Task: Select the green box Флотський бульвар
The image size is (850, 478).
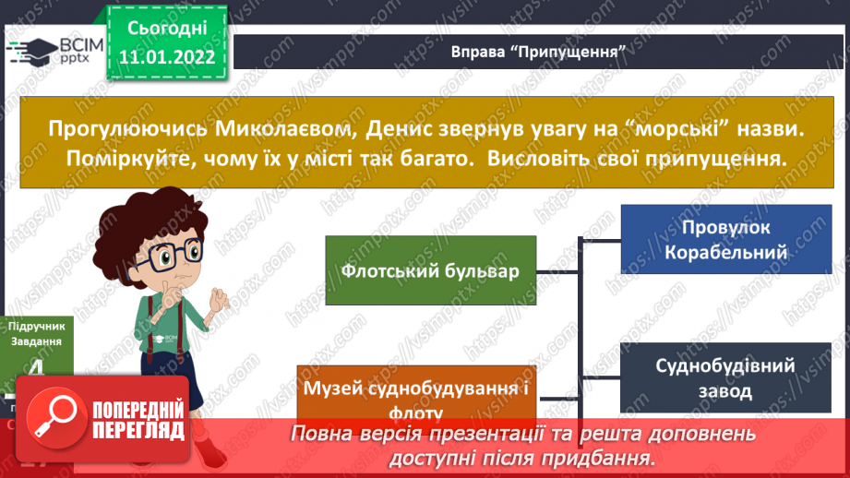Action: click(x=430, y=272)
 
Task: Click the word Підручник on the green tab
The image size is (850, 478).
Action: click(x=37, y=325)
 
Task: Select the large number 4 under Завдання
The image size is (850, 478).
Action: click(x=36, y=369)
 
